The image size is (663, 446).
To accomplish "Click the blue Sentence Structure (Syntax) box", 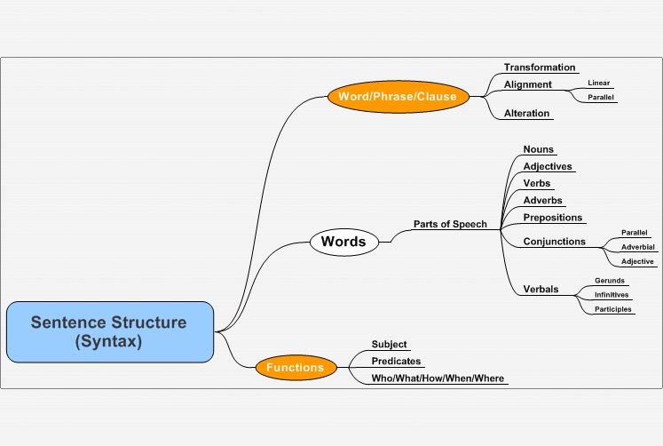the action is click(x=110, y=331).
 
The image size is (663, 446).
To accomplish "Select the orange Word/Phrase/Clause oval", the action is click(x=399, y=97).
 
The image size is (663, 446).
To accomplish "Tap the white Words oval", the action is click(x=344, y=242).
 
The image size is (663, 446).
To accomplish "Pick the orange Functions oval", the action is click(x=296, y=367).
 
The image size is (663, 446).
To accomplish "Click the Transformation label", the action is click(x=540, y=68).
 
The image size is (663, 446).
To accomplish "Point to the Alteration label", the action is click(x=526, y=114).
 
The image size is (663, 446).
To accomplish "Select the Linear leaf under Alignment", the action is click(x=599, y=83).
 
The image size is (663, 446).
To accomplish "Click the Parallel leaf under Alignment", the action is click(x=600, y=98).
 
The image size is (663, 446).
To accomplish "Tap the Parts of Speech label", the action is click(x=450, y=224).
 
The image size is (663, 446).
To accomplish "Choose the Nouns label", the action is click(x=538, y=149).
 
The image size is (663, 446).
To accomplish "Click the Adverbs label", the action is click(x=542, y=200).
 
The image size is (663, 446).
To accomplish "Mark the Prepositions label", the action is click(x=553, y=218).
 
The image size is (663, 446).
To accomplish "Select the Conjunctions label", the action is click(x=555, y=241).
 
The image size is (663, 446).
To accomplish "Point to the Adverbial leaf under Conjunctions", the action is click(x=637, y=247).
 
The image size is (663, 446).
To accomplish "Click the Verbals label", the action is click(x=541, y=289).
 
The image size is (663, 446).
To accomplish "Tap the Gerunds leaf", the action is click(x=609, y=281).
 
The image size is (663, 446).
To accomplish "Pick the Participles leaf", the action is click(x=612, y=309).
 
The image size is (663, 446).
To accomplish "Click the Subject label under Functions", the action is click(x=389, y=345).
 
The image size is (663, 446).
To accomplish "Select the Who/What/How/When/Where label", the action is click(x=438, y=378).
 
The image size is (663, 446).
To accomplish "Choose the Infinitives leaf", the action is click(x=612, y=295).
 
